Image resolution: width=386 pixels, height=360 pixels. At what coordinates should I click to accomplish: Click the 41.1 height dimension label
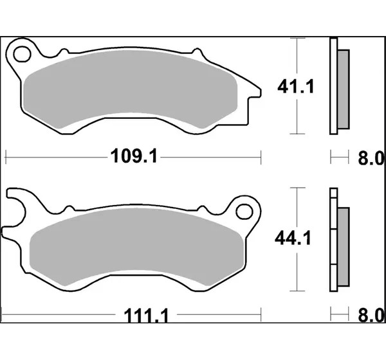[296, 87]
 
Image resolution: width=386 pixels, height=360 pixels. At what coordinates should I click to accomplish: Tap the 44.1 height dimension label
[293, 239]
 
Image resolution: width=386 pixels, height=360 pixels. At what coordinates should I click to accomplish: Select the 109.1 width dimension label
[134, 156]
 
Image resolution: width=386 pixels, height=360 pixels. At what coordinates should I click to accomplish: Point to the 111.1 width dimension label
[146, 316]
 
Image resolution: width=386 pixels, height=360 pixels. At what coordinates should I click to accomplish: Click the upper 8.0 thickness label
[371, 159]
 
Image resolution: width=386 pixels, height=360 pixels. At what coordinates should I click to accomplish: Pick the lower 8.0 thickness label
[371, 316]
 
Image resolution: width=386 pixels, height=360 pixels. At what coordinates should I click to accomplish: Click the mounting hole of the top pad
[22, 54]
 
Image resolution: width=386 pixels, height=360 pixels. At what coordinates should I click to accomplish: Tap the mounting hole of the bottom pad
[244, 212]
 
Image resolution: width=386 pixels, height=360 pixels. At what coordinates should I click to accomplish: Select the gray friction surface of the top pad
[131, 89]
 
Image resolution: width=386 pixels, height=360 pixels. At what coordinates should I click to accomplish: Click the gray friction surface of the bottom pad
[136, 247]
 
